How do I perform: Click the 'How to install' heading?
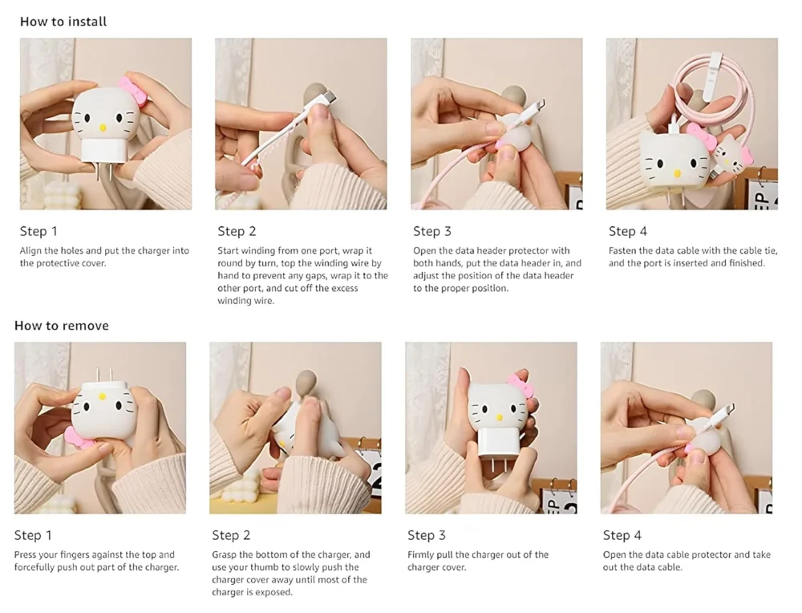click(63, 22)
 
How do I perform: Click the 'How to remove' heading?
click(62, 326)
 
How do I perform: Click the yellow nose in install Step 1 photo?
click(103, 128)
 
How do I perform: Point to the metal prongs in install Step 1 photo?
click(103, 174)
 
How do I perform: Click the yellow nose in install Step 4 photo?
click(677, 173)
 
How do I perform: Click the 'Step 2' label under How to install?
click(237, 231)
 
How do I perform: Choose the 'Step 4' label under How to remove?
click(622, 535)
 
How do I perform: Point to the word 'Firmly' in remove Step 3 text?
click(419, 554)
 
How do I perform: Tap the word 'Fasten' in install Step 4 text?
click(623, 250)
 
